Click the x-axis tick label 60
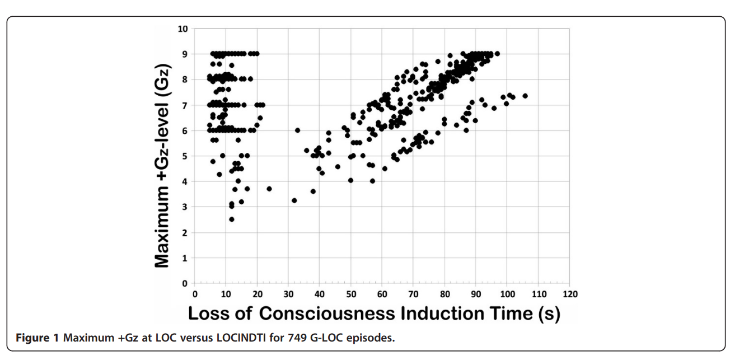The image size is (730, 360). (382, 294)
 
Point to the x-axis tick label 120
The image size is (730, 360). (570, 294)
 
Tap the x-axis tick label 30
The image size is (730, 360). (288, 294)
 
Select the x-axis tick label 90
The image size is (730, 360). (476, 294)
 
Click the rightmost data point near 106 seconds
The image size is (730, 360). (525, 96)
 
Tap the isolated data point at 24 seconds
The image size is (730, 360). (269, 189)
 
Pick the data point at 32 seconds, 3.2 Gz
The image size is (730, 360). (294, 200)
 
